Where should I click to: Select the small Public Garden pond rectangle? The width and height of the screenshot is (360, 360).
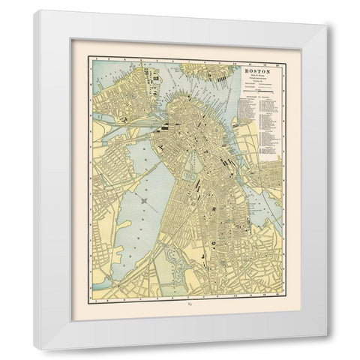[196, 182]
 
